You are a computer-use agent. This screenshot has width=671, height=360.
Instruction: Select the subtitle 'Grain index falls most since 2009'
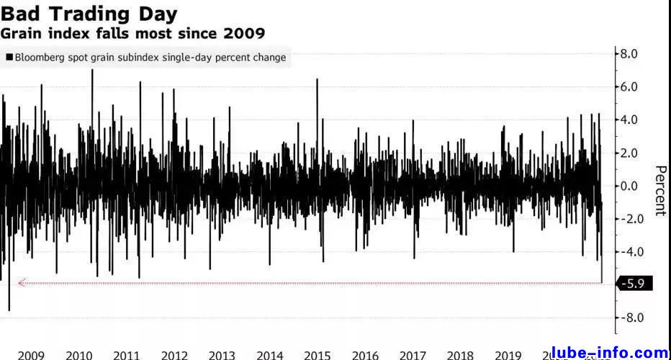pos(132,33)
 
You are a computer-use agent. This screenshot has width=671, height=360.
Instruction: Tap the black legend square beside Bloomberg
pos(9,58)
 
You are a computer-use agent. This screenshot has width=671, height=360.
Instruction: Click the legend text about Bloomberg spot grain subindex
pos(150,58)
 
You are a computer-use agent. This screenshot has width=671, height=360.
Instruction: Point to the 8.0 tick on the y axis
pos(630,53)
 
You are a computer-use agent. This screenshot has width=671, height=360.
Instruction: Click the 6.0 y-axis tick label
pos(630,86)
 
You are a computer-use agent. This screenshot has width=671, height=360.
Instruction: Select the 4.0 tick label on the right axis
pos(630,120)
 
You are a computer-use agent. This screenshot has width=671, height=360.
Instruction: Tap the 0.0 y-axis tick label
pos(630,186)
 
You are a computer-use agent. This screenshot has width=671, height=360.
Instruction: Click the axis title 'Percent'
pos(659,191)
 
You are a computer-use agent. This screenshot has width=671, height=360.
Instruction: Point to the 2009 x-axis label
pos(31,355)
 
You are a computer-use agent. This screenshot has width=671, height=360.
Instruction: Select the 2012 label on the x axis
pos(174,355)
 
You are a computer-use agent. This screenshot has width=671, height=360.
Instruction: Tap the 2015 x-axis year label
pos(317,355)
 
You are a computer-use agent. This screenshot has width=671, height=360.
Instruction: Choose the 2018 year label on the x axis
pos(459,355)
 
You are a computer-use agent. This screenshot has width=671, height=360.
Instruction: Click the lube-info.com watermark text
pos(609,353)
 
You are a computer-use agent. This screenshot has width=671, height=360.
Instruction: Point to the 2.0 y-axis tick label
pos(630,153)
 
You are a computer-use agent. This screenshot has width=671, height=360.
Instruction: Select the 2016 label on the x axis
pos(364,355)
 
